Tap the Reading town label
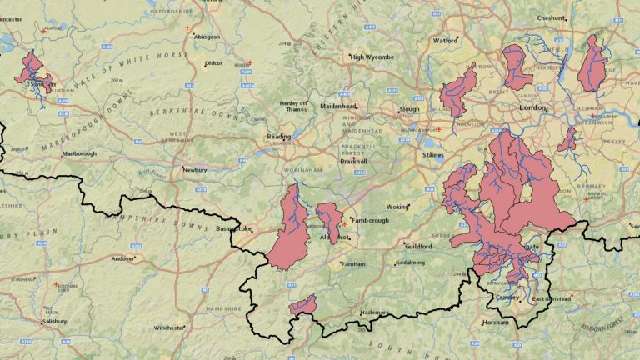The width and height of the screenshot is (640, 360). pos(279,137)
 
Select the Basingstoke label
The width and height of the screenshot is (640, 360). pos(233,228)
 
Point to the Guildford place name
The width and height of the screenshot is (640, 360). pos(417,247)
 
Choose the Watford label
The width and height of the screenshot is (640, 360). pos(447,40)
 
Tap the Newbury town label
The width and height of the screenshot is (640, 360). pos(194,169)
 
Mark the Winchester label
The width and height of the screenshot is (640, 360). pos(169,327)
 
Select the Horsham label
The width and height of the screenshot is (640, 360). pos(495,322)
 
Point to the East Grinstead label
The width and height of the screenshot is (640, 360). pos(552,298)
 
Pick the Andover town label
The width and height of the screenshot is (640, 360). pos(122,258)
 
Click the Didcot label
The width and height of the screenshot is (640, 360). pos(213,63)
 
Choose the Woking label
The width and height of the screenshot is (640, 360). pos(398,206)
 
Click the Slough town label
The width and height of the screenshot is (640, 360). pos(409,108)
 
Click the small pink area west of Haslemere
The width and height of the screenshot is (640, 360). pos(302,305)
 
